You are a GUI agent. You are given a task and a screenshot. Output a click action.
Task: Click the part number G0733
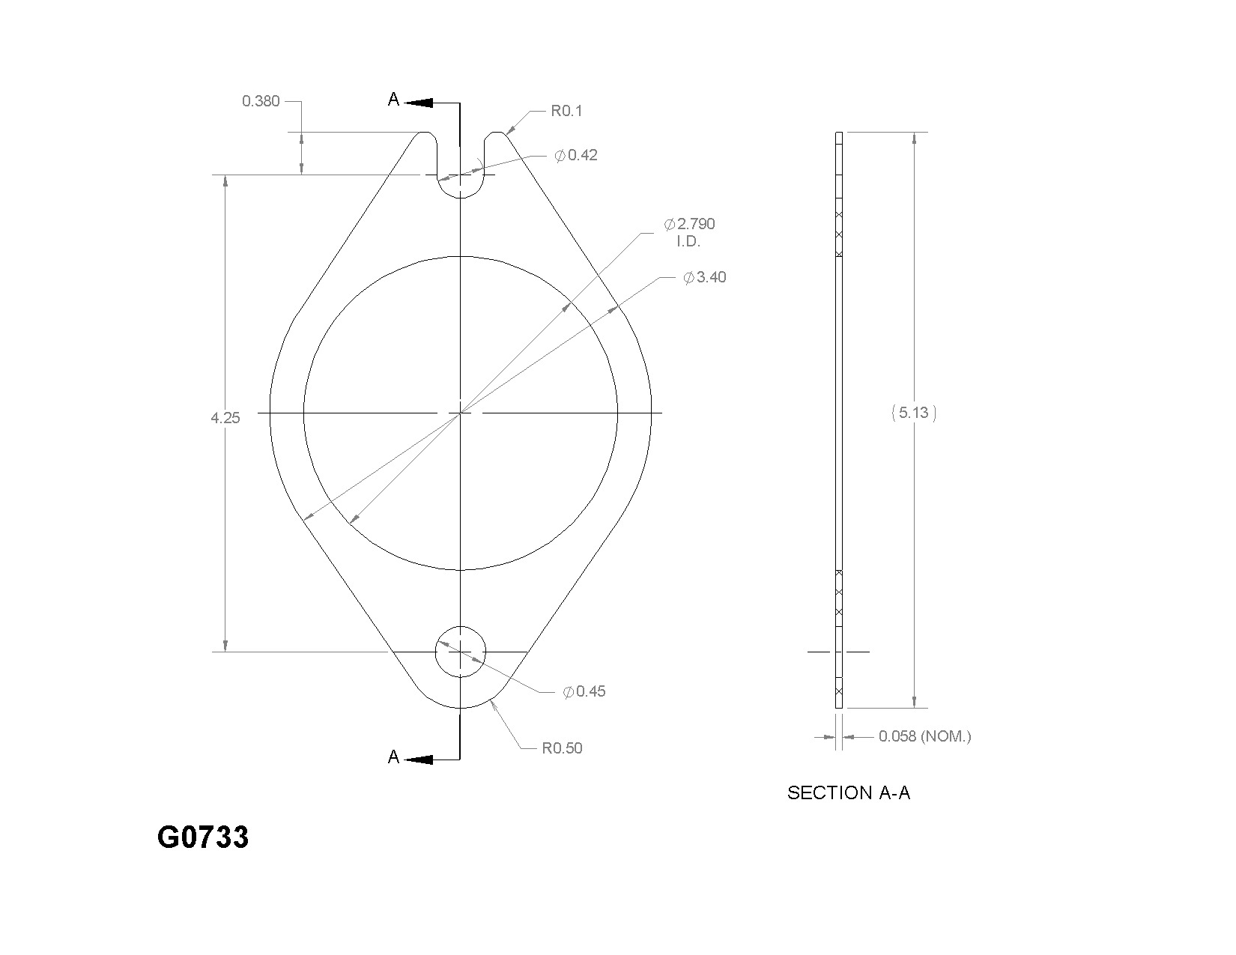coord(202,837)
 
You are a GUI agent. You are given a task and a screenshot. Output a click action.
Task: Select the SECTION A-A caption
coord(849,793)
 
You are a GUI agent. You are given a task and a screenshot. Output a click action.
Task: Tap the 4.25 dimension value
coord(225,418)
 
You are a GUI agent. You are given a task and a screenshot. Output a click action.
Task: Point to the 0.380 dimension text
coord(261,101)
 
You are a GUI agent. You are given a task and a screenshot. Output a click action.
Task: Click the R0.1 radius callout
coord(566,111)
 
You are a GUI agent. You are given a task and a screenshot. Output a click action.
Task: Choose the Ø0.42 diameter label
coord(575,155)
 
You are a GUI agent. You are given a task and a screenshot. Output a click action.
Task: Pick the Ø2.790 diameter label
coord(689,224)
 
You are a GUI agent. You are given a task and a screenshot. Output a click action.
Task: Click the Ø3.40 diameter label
coord(705,278)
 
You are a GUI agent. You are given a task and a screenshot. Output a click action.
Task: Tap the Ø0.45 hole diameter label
coord(584,691)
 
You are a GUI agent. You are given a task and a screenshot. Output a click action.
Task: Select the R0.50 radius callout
coord(562,748)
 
